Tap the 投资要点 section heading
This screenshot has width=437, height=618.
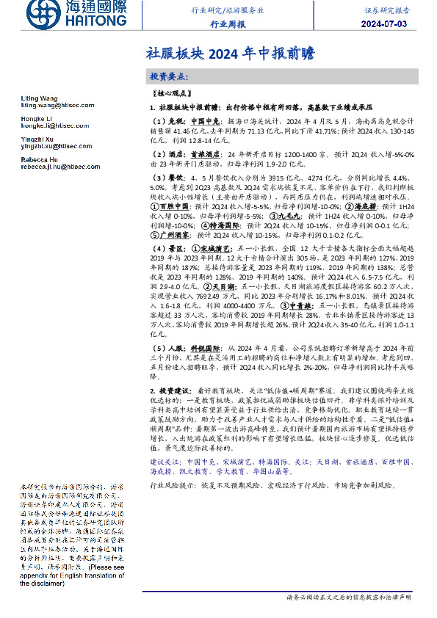click(x=169, y=77)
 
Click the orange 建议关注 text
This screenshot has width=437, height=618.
click(x=165, y=461)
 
